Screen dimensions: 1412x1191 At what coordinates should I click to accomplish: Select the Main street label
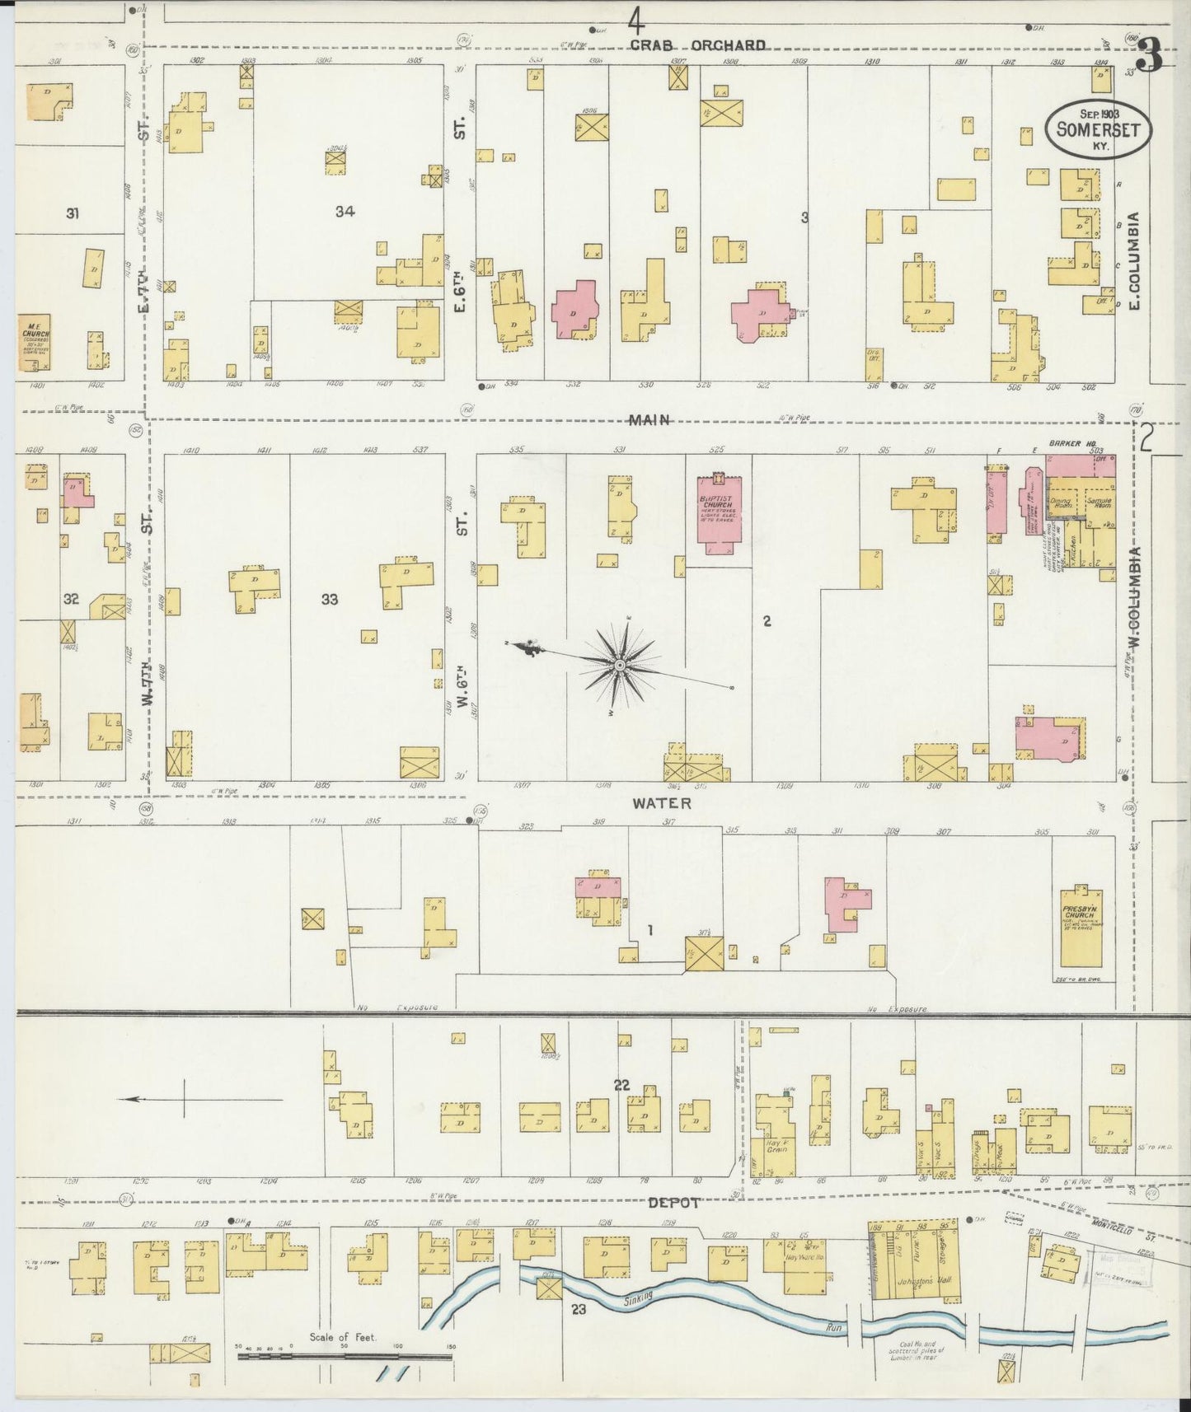(x=648, y=419)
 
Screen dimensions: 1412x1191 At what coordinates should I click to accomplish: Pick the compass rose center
(x=618, y=663)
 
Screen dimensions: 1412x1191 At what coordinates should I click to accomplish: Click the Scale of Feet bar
(x=345, y=1354)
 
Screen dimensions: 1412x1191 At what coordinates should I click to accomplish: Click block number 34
(x=345, y=212)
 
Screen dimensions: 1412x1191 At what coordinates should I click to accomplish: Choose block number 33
(x=330, y=600)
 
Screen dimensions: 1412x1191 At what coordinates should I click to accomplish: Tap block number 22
(x=621, y=1086)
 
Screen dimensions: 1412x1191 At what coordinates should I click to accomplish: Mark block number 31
(x=73, y=213)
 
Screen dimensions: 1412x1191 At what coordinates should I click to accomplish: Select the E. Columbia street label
(x=1134, y=261)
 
